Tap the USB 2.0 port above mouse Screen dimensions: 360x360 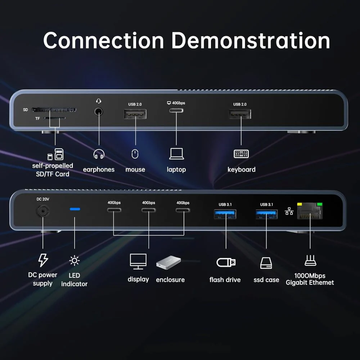coord(135,114)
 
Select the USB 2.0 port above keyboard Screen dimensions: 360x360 coord(240,114)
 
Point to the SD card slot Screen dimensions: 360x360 coord(54,109)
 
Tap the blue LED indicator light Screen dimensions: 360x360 coord(75,209)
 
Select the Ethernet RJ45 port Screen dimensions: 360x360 coord(310,211)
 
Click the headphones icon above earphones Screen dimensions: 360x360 coord(99,154)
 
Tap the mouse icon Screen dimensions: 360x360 coord(135,154)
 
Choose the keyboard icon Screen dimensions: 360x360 coord(241,154)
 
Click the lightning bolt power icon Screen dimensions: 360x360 coord(43,260)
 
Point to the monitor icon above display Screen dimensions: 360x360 coord(138,261)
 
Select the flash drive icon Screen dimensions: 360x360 coord(226,262)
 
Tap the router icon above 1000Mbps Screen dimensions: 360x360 coord(310,260)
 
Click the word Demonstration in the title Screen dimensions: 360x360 coord(251,40)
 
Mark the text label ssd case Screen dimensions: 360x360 coord(266,280)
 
